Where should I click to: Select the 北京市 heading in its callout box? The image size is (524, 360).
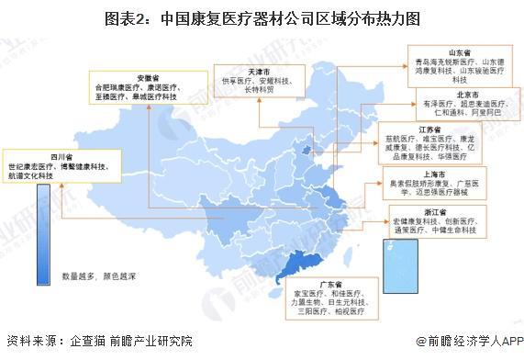pyautogui.click(x=446, y=95)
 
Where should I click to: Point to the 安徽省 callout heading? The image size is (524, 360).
pyautogui.click(x=147, y=77)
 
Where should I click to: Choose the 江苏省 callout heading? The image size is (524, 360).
pyautogui.click(x=445, y=131)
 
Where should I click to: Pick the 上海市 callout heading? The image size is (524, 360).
pyautogui.click(x=445, y=172)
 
